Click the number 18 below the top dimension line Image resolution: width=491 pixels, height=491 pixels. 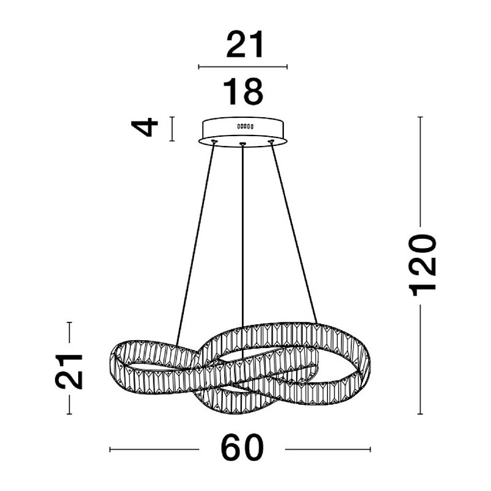pos(243,92)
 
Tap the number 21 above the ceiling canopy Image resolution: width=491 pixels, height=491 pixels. pos(245,44)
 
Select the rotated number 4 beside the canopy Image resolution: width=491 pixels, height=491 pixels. pos(145,127)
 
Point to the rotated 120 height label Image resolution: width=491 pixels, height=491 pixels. pos(423,265)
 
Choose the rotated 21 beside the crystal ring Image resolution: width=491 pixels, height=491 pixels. pos(69,372)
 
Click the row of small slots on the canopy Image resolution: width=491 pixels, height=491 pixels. pos(245,126)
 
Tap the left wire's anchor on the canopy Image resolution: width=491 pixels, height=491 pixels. pos(214,142)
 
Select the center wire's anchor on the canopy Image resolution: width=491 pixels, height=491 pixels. pos(242,144)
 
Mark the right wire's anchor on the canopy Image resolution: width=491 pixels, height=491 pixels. pos(271,142)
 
